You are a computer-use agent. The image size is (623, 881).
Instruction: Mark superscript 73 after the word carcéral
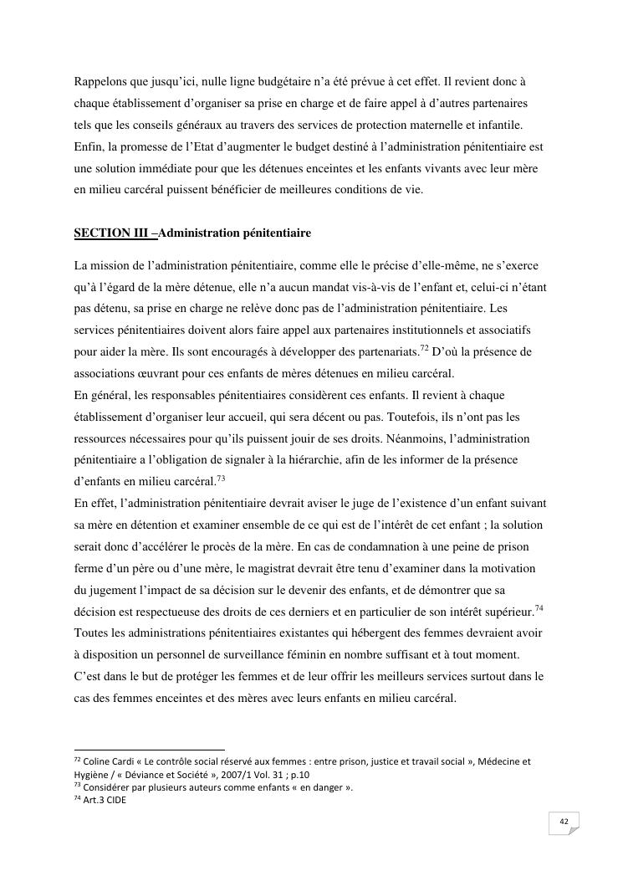point(221,478)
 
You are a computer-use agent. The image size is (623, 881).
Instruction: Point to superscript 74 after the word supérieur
point(539,608)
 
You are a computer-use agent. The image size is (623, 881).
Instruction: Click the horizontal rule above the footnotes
point(150,750)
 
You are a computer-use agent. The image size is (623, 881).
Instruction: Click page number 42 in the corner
point(564,823)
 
